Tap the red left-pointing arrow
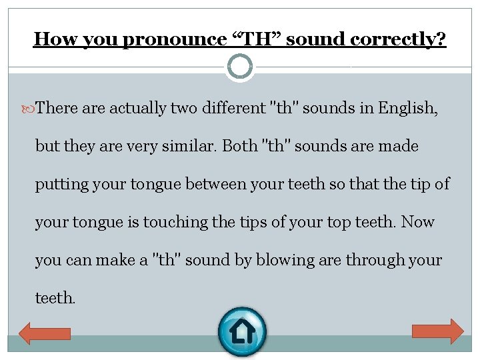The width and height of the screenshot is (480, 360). [x=44, y=331]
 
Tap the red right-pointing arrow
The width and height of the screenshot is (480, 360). [x=438, y=331]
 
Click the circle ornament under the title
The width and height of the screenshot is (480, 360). [x=240, y=67]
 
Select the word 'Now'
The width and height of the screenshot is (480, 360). [x=418, y=222]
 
